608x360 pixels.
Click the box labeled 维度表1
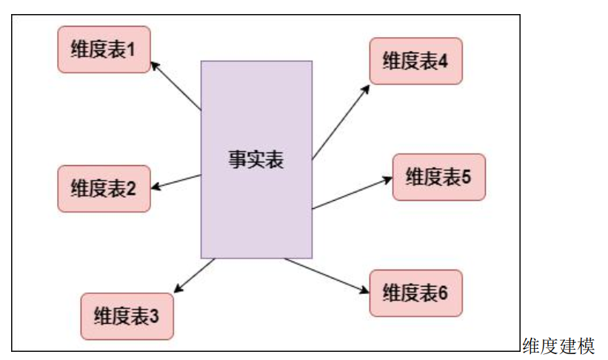tap(104, 50)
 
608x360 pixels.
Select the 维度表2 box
tap(104, 188)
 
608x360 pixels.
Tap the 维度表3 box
tap(127, 316)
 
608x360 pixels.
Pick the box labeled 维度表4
tap(415, 61)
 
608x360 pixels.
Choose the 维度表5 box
tap(438, 177)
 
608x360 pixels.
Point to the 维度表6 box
tap(415, 293)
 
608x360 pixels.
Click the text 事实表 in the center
tap(256, 159)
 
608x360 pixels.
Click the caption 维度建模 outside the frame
tap(558, 345)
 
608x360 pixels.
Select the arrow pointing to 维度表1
tap(176, 86)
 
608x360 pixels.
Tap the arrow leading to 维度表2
tap(176, 181)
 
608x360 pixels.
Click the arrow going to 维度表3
tap(195, 275)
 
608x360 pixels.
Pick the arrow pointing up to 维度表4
tap(341, 121)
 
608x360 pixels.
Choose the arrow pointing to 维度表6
tap(327, 276)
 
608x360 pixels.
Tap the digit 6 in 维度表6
tap(443, 293)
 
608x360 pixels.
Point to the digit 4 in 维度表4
tap(443, 61)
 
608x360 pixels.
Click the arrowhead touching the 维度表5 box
tap(387, 179)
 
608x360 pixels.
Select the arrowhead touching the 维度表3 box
tap(177, 289)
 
